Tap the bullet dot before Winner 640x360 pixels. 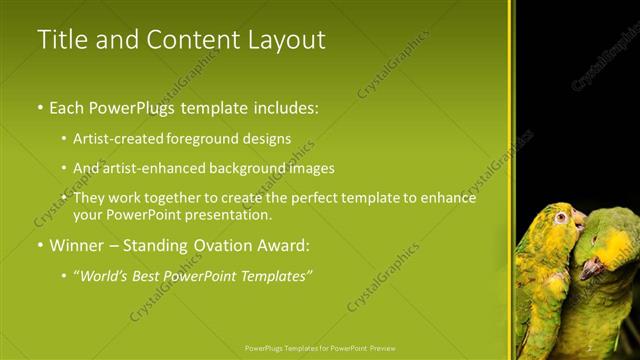(40, 245)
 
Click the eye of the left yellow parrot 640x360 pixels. (562, 217)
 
